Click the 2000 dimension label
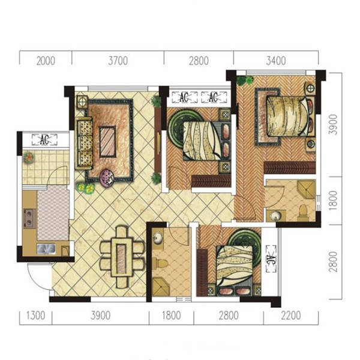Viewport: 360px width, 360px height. pyautogui.click(x=46, y=61)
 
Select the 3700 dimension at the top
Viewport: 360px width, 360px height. pyautogui.click(x=118, y=61)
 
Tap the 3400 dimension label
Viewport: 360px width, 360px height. pyautogui.click(x=276, y=61)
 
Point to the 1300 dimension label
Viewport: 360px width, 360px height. pyautogui.click(x=35, y=316)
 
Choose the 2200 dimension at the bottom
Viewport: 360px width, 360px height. pyautogui.click(x=290, y=316)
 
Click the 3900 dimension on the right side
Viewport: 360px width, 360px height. pyautogui.click(x=333, y=125)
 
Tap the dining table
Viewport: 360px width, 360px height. pyautogui.click(x=121, y=257)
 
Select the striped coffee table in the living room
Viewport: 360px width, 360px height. pyautogui.click(x=107, y=142)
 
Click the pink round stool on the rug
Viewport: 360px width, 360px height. pyautogui.click(x=107, y=178)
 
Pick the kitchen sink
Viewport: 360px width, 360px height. pyautogui.click(x=46, y=249)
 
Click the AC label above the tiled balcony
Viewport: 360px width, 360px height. pyautogui.click(x=44, y=140)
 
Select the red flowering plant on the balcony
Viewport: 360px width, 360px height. pyautogui.click(x=29, y=158)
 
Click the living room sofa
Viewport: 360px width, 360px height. pyautogui.click(x=85, y=143)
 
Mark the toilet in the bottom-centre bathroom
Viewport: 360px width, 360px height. pyautogui.click(x=161, y=263)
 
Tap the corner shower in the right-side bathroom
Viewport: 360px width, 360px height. pyautogui.click(x=306, y=189)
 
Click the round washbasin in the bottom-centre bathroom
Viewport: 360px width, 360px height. pyautogui.click(x=158, y=238)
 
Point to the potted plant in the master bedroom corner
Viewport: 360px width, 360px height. pyautogui.click(x=245, y=80)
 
